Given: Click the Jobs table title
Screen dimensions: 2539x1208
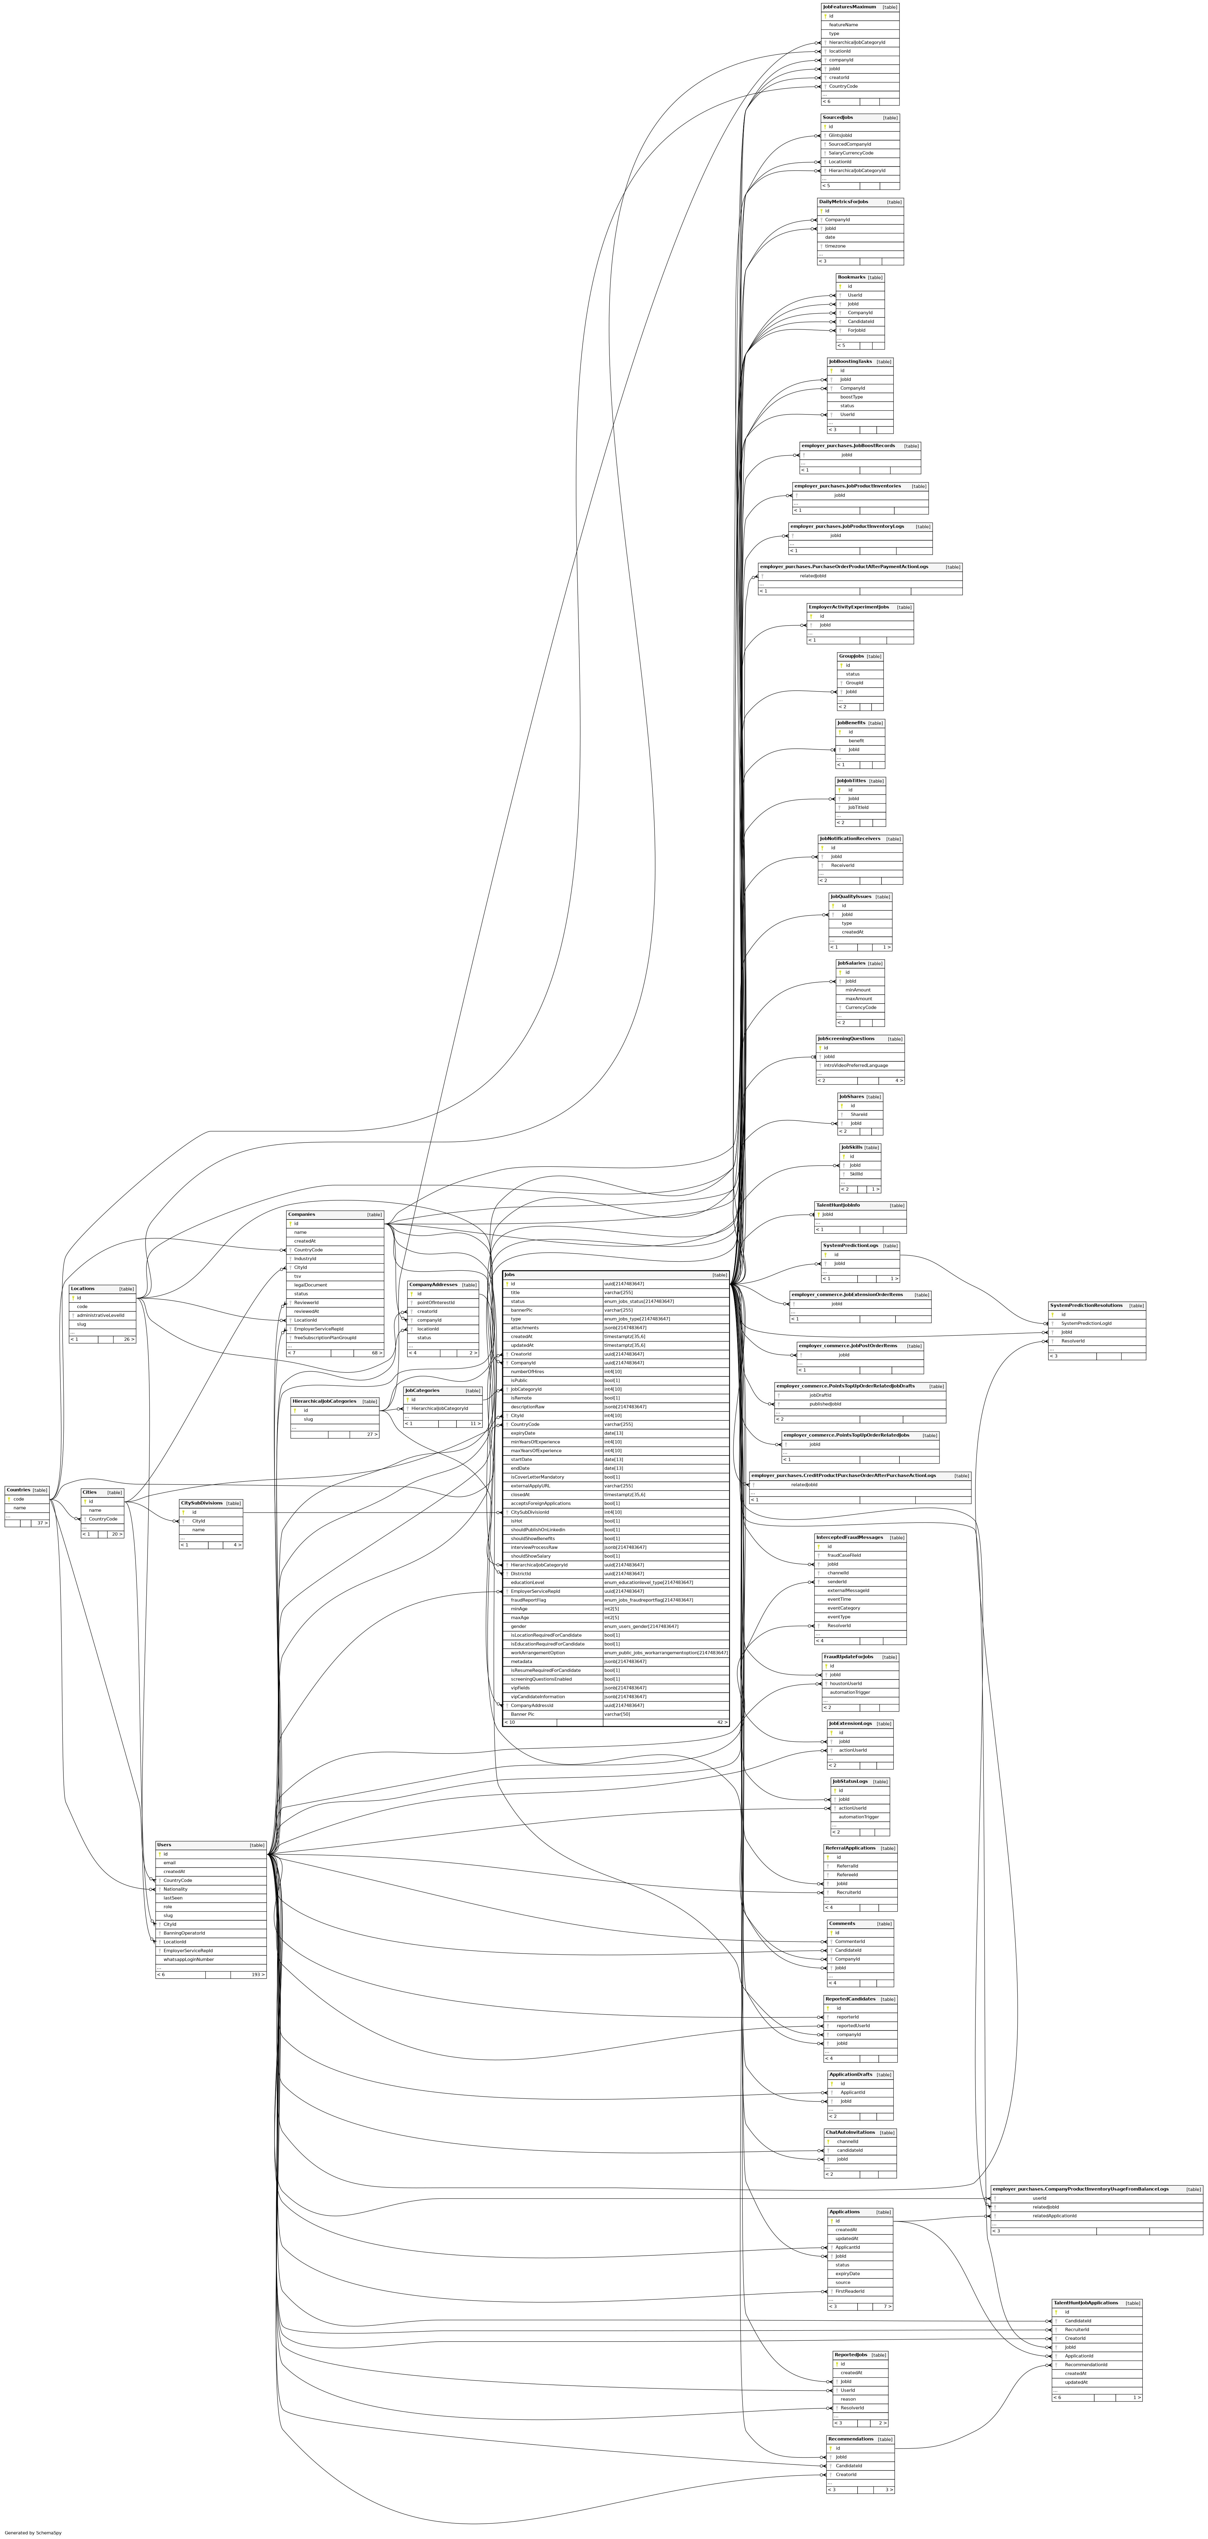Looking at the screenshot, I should (x=509, y=1274).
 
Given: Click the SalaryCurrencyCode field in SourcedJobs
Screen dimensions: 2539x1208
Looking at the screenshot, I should (x=850, y=153).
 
